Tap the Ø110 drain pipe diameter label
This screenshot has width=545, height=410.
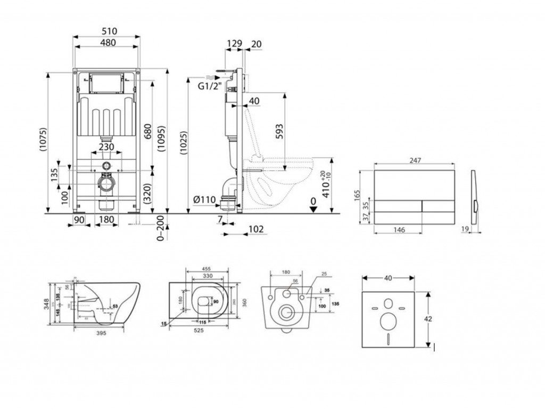(x=204, y=200)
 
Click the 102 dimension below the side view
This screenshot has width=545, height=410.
(x=256, y=230)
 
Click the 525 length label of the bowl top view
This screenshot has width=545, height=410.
(x=200, y=330)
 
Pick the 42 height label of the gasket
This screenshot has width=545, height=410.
(x=429, y=319)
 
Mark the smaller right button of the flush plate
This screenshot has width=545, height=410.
(x=437, y=205)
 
